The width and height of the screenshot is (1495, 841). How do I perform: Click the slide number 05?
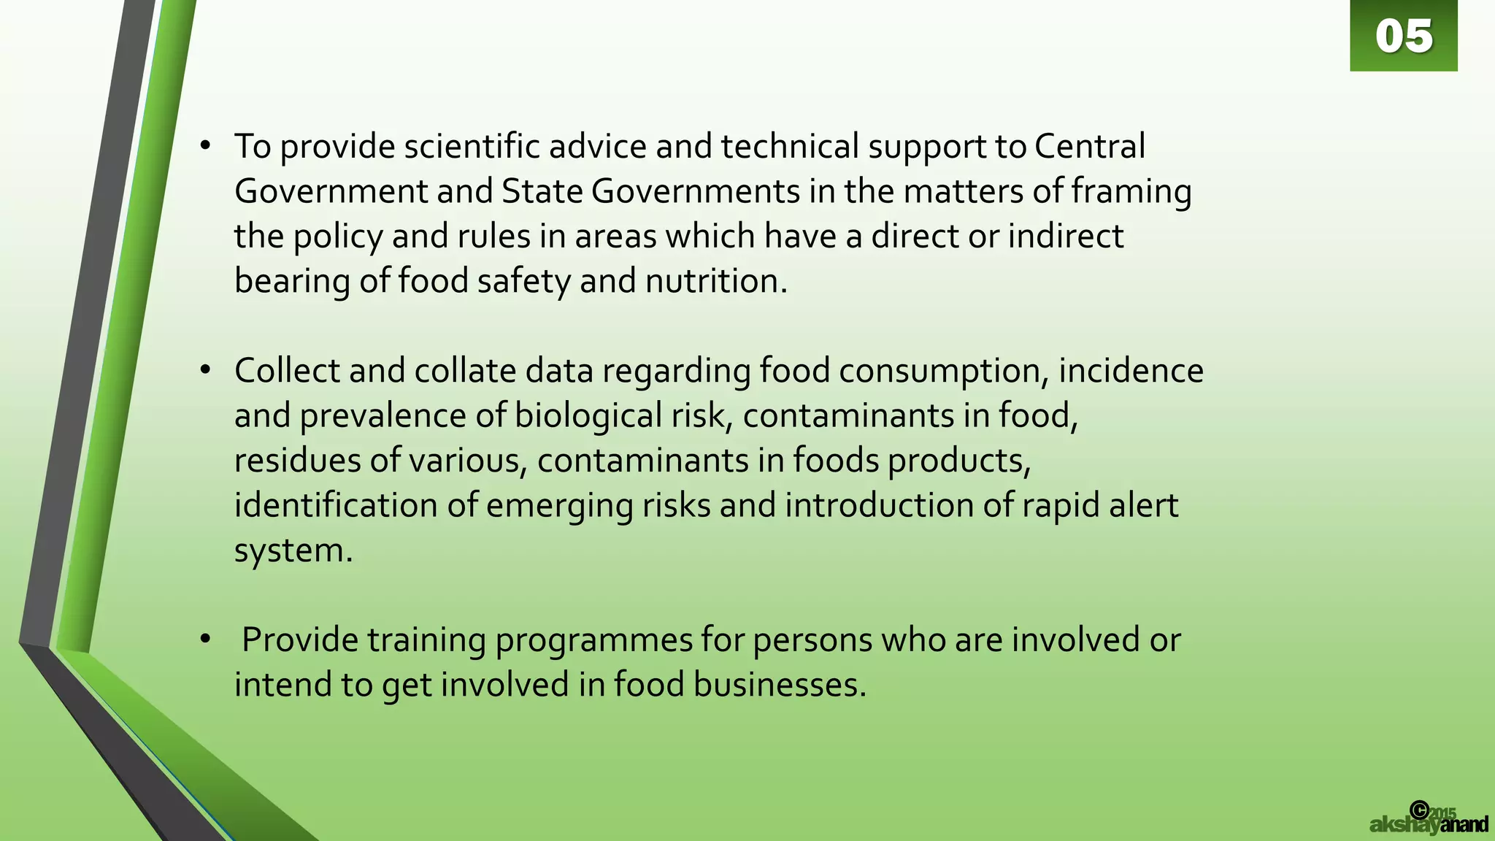point(1404,37)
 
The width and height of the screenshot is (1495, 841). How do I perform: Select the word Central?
point(1089,147)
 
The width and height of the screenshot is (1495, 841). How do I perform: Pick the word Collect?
point(287,371)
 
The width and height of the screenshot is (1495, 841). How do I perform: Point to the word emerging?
point(560,506)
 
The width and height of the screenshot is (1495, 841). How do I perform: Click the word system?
point(293,550)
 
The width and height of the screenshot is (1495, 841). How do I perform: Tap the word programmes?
point(593,640)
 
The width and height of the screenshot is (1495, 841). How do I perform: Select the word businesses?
point(779,685)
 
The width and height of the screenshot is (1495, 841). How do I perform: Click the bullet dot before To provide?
point(206,146)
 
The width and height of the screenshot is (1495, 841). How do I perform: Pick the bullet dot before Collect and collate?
point(206,370)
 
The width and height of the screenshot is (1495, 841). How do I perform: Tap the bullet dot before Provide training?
point(206,640)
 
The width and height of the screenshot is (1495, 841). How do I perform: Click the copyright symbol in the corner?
point(1419,810)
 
